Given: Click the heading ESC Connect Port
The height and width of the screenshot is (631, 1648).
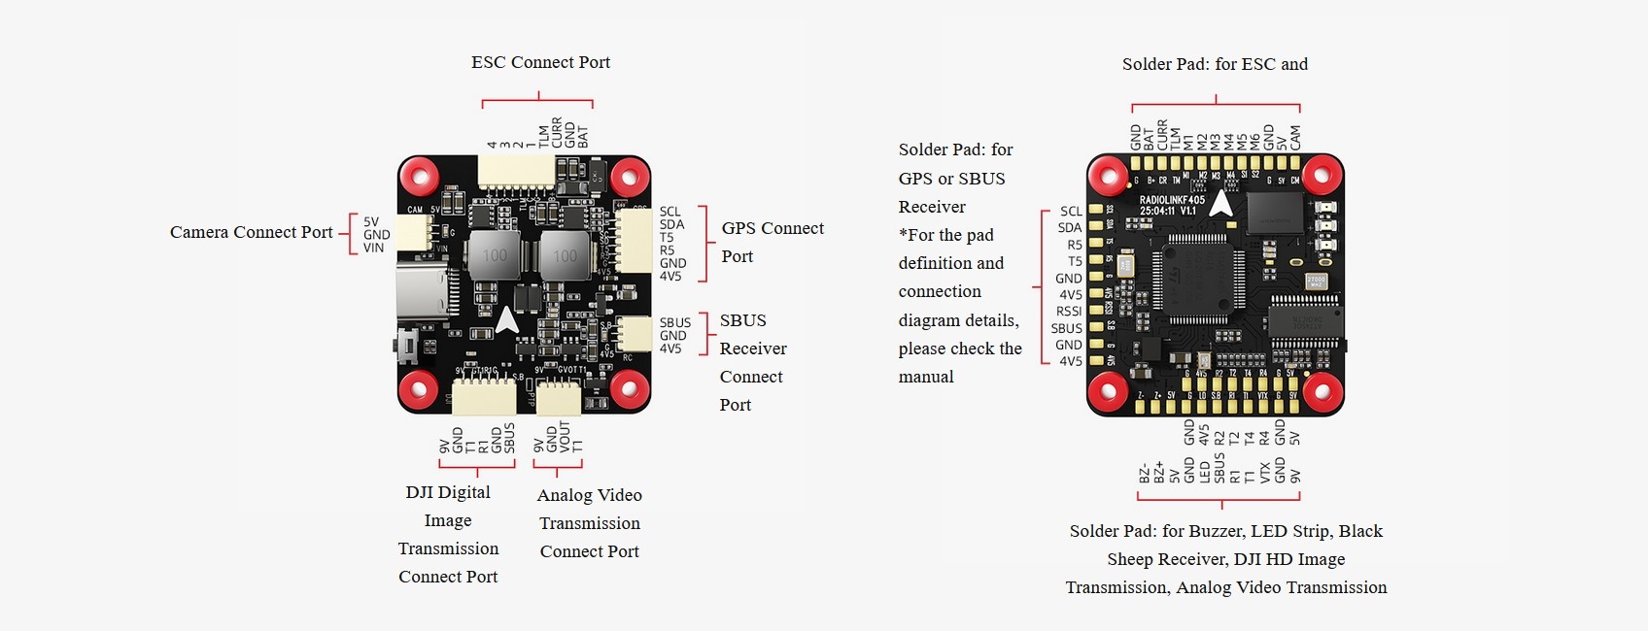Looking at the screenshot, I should [x=540, y=62].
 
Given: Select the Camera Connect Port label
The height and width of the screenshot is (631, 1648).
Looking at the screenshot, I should [x=251, y=232].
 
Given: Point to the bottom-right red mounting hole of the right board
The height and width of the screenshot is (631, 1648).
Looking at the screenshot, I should [x=1322, y=392].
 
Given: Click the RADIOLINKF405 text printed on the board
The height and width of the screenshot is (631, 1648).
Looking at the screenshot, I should [x=1172, y=200].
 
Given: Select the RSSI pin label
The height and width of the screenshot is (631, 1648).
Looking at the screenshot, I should [x=1069, y=312].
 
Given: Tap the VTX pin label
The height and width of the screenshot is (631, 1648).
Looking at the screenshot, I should [x=1265, y=473].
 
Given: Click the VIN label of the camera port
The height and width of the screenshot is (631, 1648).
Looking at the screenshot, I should [x=374, y=249].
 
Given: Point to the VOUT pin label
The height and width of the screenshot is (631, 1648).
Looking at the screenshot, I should [x=565, y=438].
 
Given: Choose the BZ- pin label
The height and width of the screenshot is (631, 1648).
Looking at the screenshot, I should [x=1145, y=474].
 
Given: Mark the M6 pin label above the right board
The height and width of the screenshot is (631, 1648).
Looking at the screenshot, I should [x=1254, y=142].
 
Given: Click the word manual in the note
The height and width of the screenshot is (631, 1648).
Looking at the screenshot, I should [x=926, y=377].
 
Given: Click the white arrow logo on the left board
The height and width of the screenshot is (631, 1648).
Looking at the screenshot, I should [x=507, y=319].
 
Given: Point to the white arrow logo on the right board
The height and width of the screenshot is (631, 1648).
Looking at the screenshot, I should [x=1221, y=203].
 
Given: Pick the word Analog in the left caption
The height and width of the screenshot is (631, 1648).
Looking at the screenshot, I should [x=564, y=495].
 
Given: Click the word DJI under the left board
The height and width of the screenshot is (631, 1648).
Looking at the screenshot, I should [x=419, y=492].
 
